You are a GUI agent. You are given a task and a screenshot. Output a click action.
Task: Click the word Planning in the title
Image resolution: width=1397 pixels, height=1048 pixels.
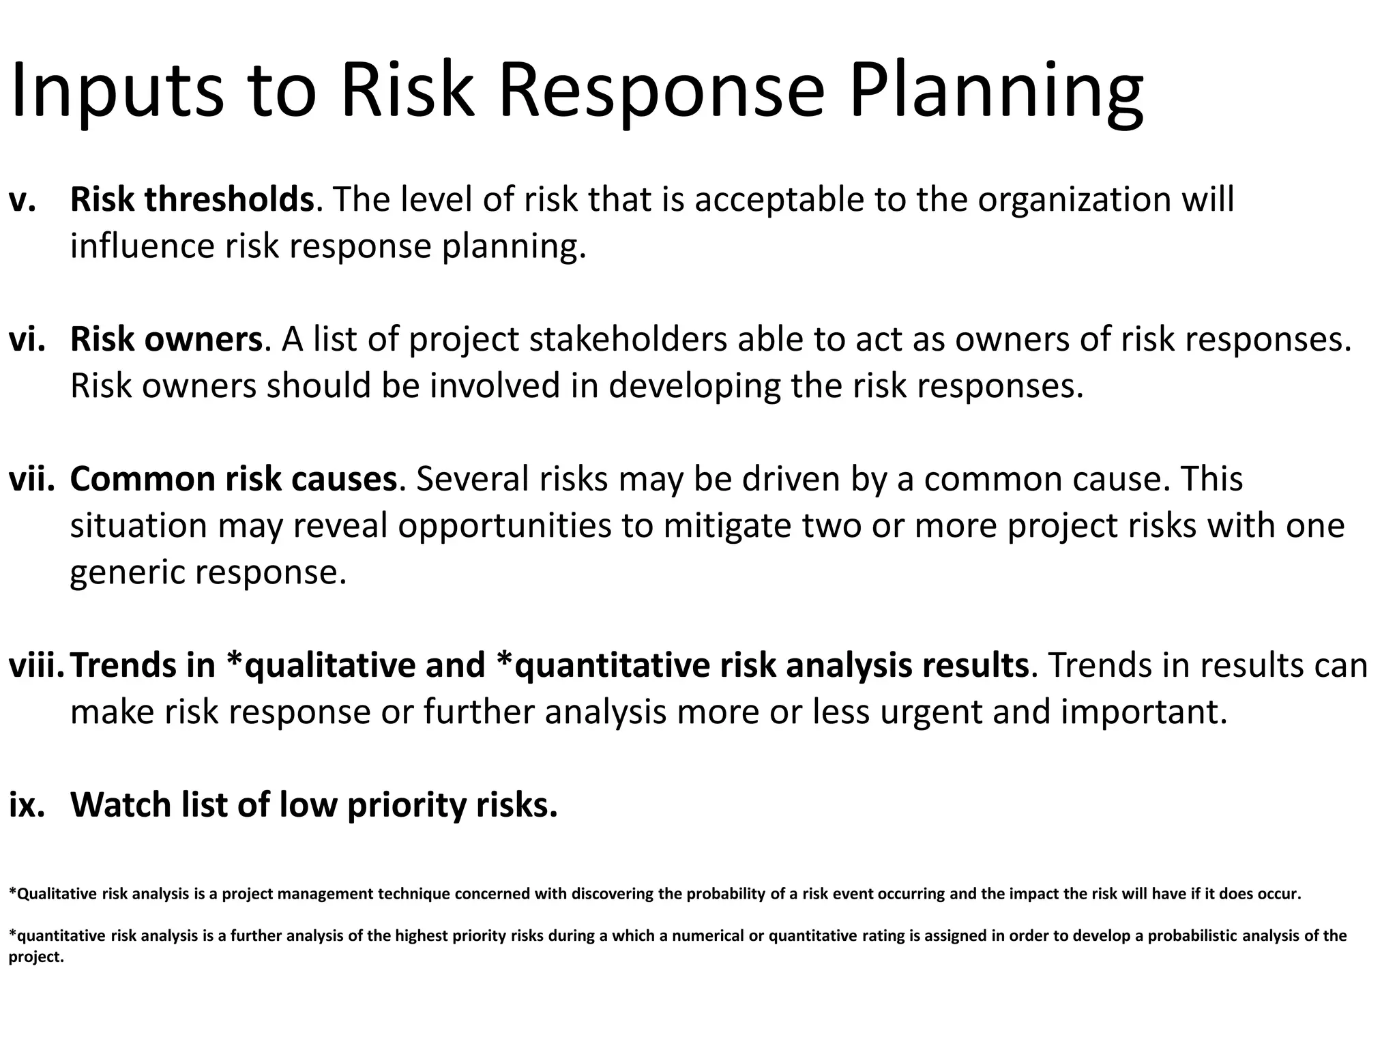(996, 92)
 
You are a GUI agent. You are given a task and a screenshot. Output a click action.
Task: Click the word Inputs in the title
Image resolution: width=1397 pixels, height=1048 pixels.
(116, 92)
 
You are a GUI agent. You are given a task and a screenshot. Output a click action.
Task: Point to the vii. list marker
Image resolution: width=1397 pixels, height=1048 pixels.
(31, 479)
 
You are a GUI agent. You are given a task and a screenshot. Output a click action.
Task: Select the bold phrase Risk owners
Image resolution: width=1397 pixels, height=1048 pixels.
(166, 339)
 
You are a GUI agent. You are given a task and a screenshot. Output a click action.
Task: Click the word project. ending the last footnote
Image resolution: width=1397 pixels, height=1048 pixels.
(35, 957)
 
